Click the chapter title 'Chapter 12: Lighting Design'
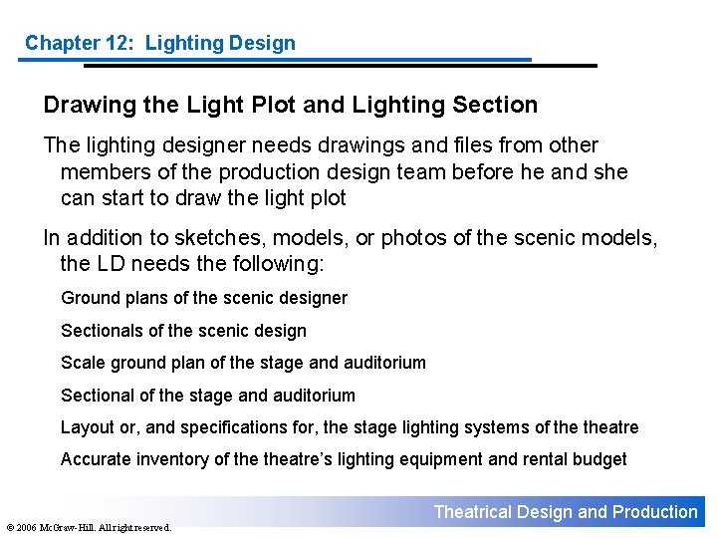(x=160, y=43)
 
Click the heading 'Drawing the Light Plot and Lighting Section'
(x=290, y=105)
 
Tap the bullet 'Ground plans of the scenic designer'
(x=204, y=298)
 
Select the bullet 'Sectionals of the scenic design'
(x=183, y=331)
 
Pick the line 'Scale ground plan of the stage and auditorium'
(x=243, y=363)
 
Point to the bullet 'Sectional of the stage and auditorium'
(x=207, y=396)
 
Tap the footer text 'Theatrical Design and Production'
(x=566, y=512)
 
